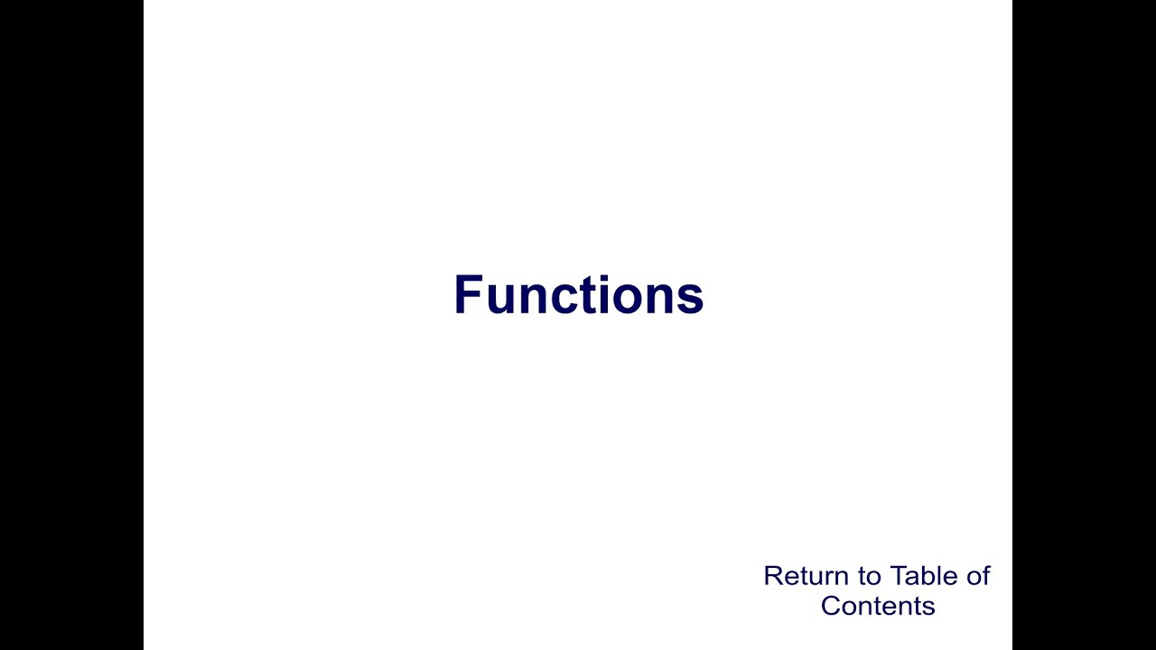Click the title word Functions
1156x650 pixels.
578,295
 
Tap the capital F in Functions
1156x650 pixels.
469,295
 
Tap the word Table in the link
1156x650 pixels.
921,576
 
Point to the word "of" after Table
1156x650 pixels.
976,576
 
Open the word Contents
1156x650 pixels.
877,606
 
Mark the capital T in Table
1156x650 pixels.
898,576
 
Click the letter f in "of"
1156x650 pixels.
985,576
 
